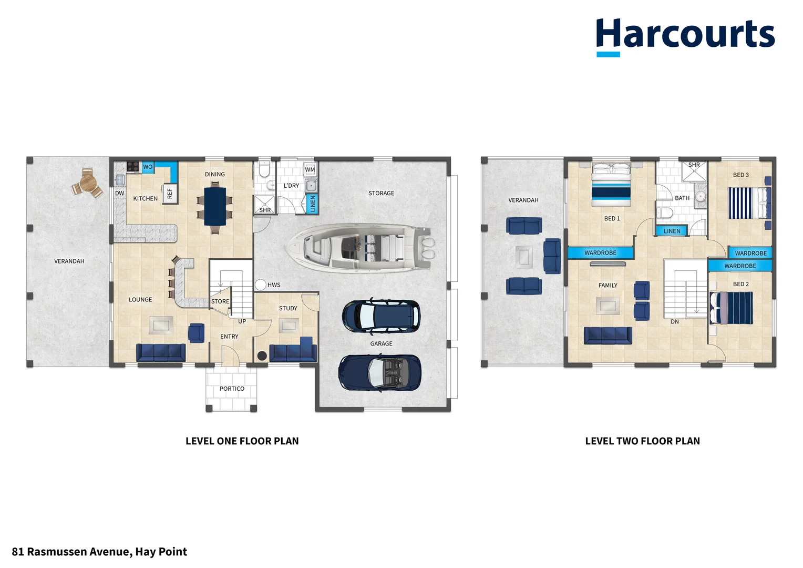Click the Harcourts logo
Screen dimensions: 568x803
(x=685, y=36)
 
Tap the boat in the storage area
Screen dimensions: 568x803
(x=361, y=247)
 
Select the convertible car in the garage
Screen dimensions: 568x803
(x=379, y=372)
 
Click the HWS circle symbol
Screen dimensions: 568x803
(x=260, y=285)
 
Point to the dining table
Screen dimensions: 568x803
(x=215, y=206)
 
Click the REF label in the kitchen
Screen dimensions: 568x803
(x=170, y=194)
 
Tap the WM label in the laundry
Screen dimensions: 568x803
(x=310, y=169)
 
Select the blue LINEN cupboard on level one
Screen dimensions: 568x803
(x=313, y=204)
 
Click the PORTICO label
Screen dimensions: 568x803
(x=232, y=389)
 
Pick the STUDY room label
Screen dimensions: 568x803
(x=288, y=308)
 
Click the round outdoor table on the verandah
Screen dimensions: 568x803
(x=87, y=184)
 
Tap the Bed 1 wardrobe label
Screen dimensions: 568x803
(x=600, y=253)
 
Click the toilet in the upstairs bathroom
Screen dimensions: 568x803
(x=665, y=212)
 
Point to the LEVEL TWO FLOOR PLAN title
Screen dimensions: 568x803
(x=642, y=441)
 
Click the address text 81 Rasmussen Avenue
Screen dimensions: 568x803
(x=99, y=552)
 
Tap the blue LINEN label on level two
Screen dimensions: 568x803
(x=672, y=231)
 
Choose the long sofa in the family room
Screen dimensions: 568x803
(x=608, y=336)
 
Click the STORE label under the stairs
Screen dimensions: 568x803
(x=220, y=301)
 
